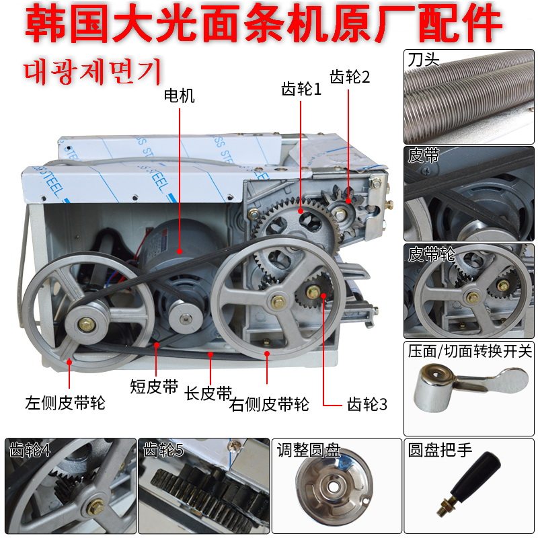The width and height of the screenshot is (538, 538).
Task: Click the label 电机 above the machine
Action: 179,95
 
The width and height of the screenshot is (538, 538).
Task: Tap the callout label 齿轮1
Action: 301,89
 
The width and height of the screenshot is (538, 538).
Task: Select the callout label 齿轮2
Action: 350,77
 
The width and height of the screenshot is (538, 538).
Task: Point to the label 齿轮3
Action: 367,404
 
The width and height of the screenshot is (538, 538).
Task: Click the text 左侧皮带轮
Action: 65,403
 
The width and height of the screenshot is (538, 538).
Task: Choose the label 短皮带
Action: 154,387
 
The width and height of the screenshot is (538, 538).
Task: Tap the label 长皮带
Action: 208,393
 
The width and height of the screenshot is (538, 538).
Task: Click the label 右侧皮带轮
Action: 269,404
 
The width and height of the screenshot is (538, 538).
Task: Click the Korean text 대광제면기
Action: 93,71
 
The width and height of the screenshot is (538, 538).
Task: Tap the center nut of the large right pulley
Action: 278,301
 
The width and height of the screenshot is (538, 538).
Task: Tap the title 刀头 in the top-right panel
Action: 424,60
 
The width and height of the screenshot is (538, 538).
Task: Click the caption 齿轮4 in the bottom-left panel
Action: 30,450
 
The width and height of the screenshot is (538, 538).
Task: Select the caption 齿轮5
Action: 163,450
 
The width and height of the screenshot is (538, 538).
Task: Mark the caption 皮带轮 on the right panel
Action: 431,254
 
